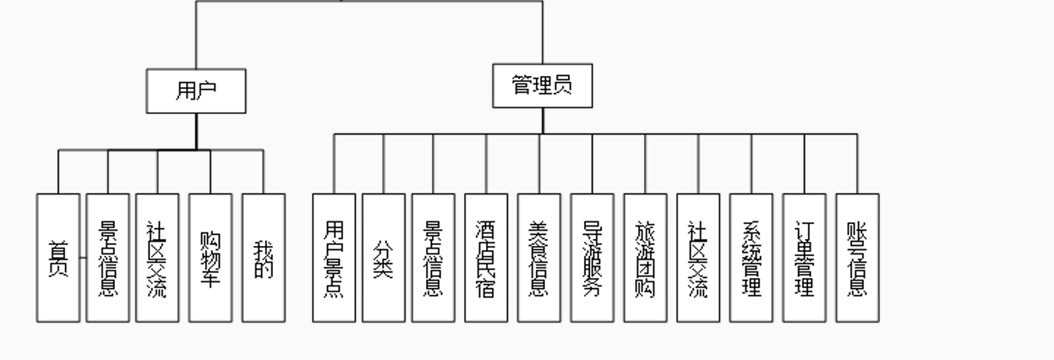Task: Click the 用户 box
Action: [x=196, y=92]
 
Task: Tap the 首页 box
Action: [x=58, y=258]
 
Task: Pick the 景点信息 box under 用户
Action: [x=108, y=258]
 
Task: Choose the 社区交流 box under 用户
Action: [x=157, y=258]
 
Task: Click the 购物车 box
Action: [x=210, y=258]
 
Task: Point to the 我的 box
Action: [x=264, y=258]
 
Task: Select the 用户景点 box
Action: [x=334, y=258]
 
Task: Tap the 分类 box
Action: [x=384, y=258]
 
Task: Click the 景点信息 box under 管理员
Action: [x=434, y=258]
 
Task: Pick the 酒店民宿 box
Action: [x=486, y=258]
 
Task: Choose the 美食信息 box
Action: [x=539, y=258]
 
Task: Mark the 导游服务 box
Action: [x=593, y=258]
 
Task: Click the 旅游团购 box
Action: [x=646, y=258]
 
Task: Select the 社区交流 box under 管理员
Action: [x=698, y=258]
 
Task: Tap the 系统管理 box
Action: [x=751, y=258]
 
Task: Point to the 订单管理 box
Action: [x=805, y=258]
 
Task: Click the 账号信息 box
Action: [x=857, y=258]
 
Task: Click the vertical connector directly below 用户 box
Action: [x=196, y=132]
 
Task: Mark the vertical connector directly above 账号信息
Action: [x=857, y=164]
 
